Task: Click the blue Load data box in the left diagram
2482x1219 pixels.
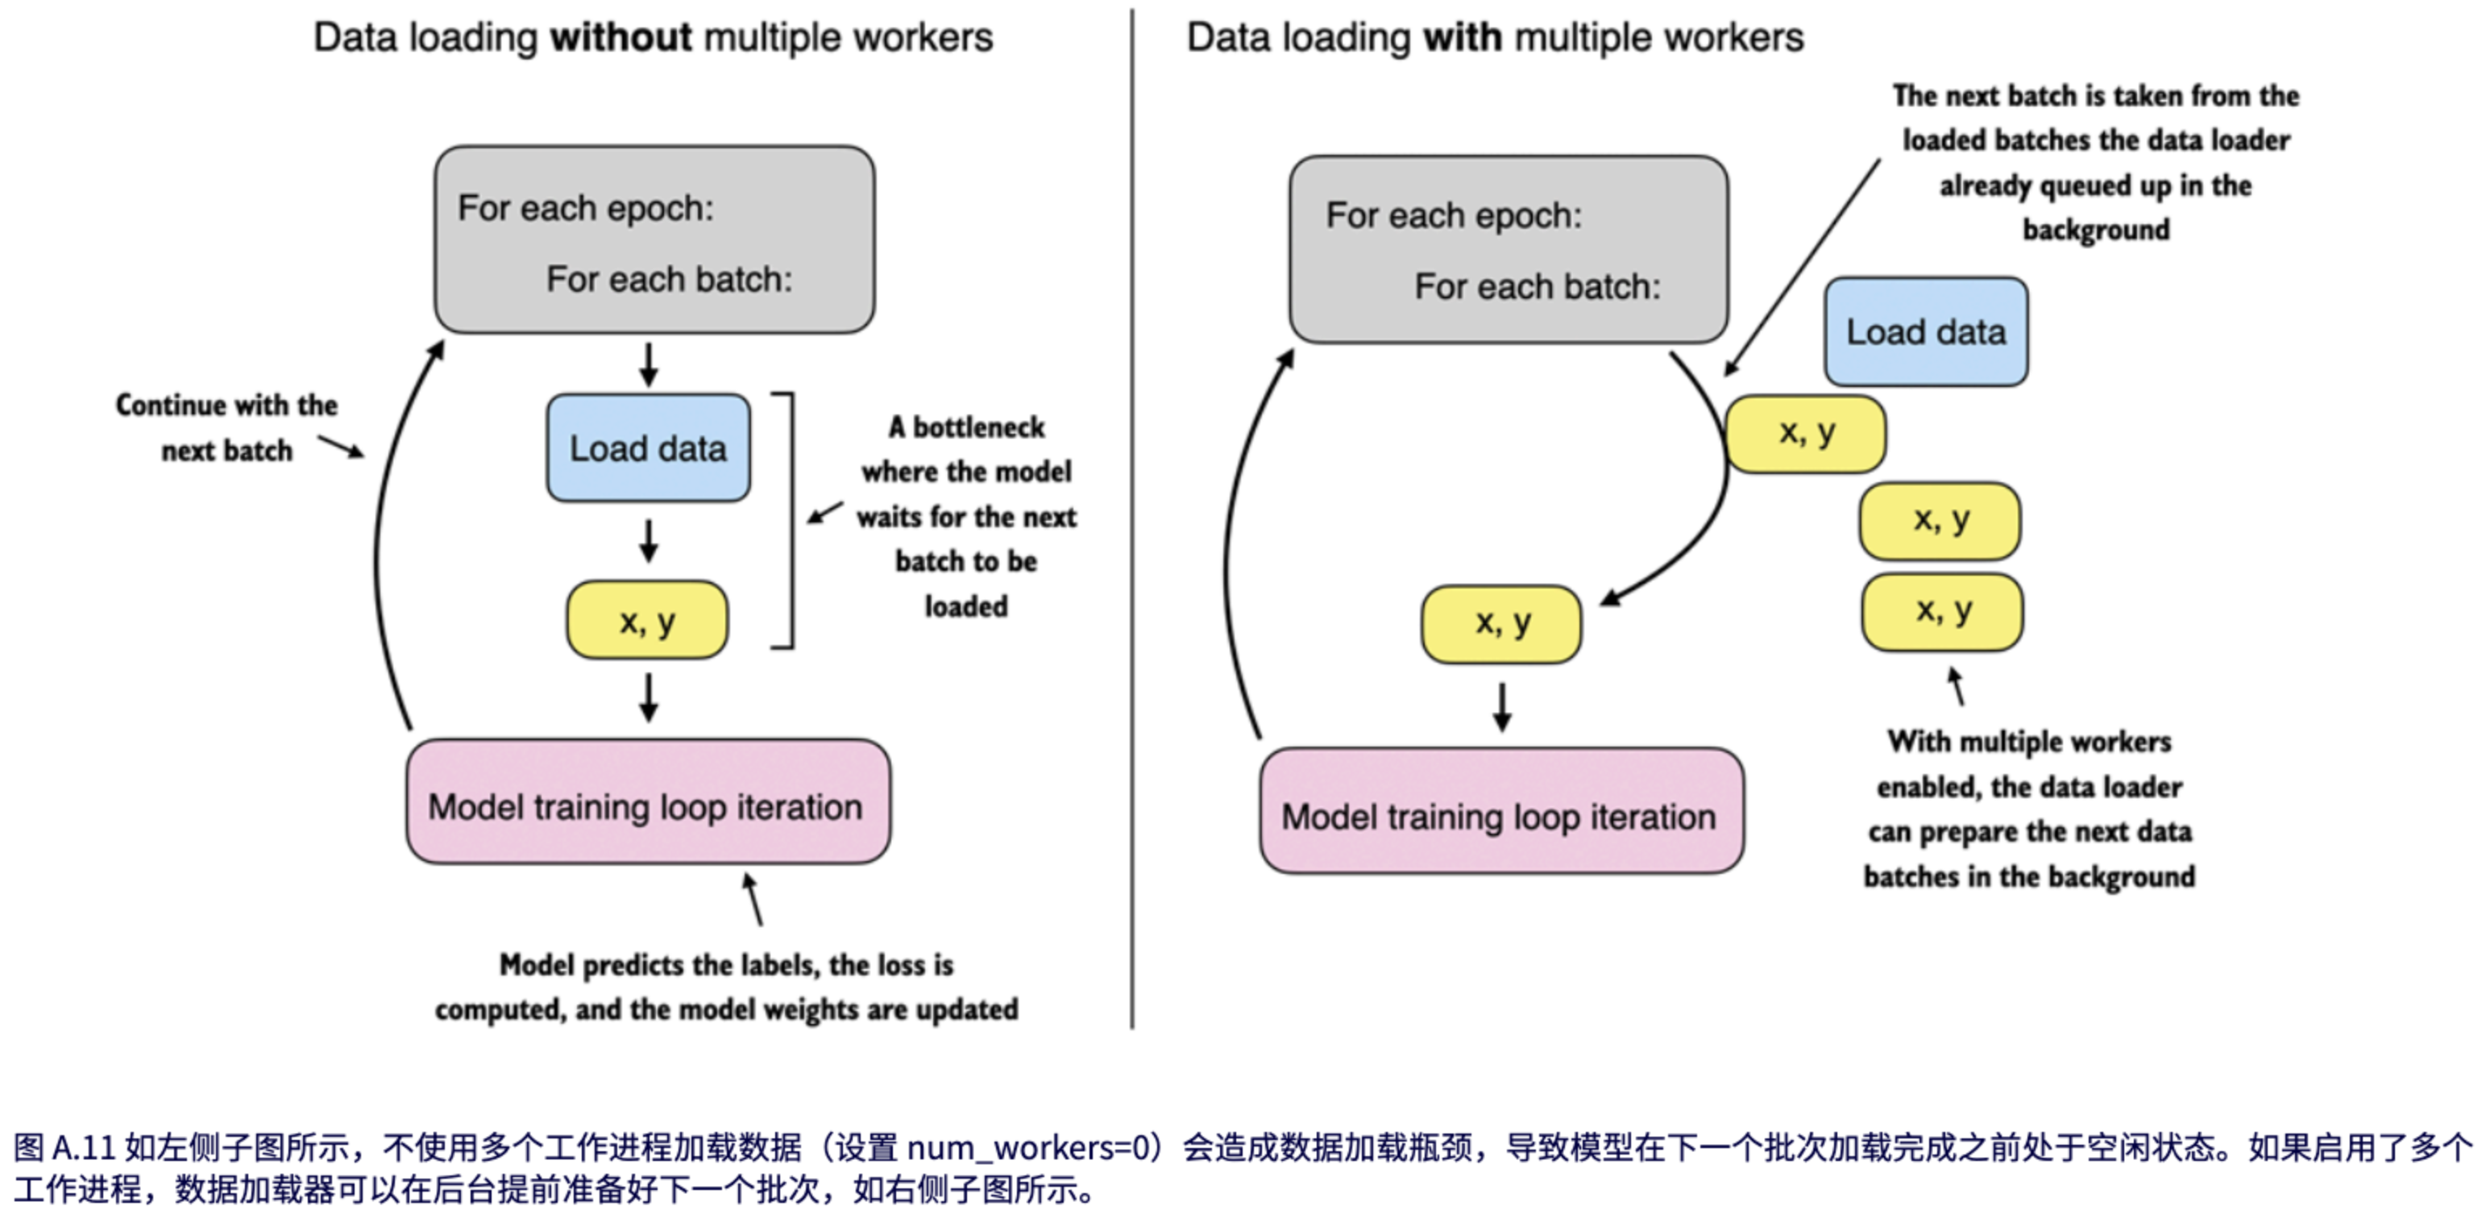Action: click(647, 448)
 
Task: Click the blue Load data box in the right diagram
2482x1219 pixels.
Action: click(1925, 331)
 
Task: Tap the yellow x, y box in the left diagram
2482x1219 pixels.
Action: click(646, 621)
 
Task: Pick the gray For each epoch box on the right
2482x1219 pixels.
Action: click(1508, 248)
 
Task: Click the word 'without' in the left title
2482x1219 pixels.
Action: click(620, 38)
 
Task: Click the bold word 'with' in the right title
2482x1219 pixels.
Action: click(1462, 38)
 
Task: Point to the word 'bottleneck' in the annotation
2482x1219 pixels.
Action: click(978, 426)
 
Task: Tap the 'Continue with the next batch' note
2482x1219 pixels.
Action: click(226, 426)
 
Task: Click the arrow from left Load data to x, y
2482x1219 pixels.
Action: click(649, 541)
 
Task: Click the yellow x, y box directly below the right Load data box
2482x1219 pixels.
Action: click(1806, 434)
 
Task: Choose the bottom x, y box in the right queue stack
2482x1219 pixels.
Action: click(1941, 612)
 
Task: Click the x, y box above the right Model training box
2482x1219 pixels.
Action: click(1501, 623)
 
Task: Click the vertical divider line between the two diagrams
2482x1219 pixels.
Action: click(1132, 520)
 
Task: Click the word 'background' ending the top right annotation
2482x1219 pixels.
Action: click(2096, 229)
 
